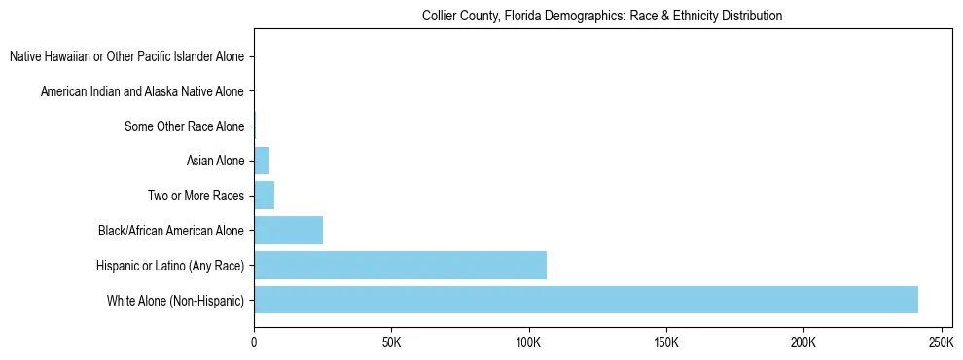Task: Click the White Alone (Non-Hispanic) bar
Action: pos(586,300)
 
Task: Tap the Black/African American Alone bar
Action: pos(288,231)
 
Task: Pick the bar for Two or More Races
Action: pos(264,196)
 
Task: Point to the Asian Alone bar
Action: pos(262,161)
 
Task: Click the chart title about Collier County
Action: pos(602,17)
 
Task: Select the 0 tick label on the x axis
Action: pos(254,342)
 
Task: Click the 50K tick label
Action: pos(391,342)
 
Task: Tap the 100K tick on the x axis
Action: pos(528,342)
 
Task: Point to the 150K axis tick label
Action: pos(666,342)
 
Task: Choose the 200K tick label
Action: pos(803,342)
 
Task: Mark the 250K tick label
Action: pos(941,342)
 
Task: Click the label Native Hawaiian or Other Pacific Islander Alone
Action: pos(126,57)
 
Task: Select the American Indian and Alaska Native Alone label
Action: pos(142,91)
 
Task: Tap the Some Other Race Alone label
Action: pos(184,126)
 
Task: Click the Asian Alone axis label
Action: pos(215,161)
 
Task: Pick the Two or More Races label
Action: pos(196,196)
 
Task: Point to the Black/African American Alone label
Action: pos(171,231)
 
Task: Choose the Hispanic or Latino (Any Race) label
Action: pos(170,265)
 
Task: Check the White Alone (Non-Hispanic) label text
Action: pos(175,300)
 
